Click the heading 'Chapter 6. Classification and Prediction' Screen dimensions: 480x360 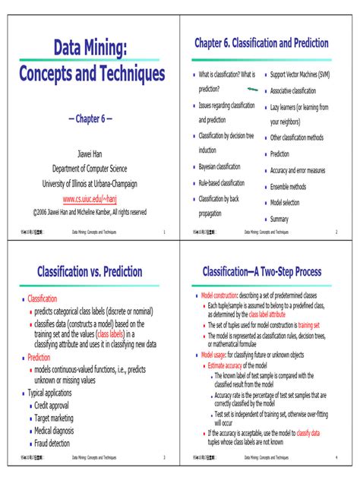point(261,43)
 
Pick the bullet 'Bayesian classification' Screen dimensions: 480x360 point(219,167)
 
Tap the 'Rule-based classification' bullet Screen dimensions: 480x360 point(222,183)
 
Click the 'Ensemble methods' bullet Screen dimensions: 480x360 point(288,187)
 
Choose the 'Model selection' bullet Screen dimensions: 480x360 point(285,203)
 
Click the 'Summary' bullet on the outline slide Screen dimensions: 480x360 point(279,219)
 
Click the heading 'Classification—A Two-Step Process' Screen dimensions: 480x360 point(261,271)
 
